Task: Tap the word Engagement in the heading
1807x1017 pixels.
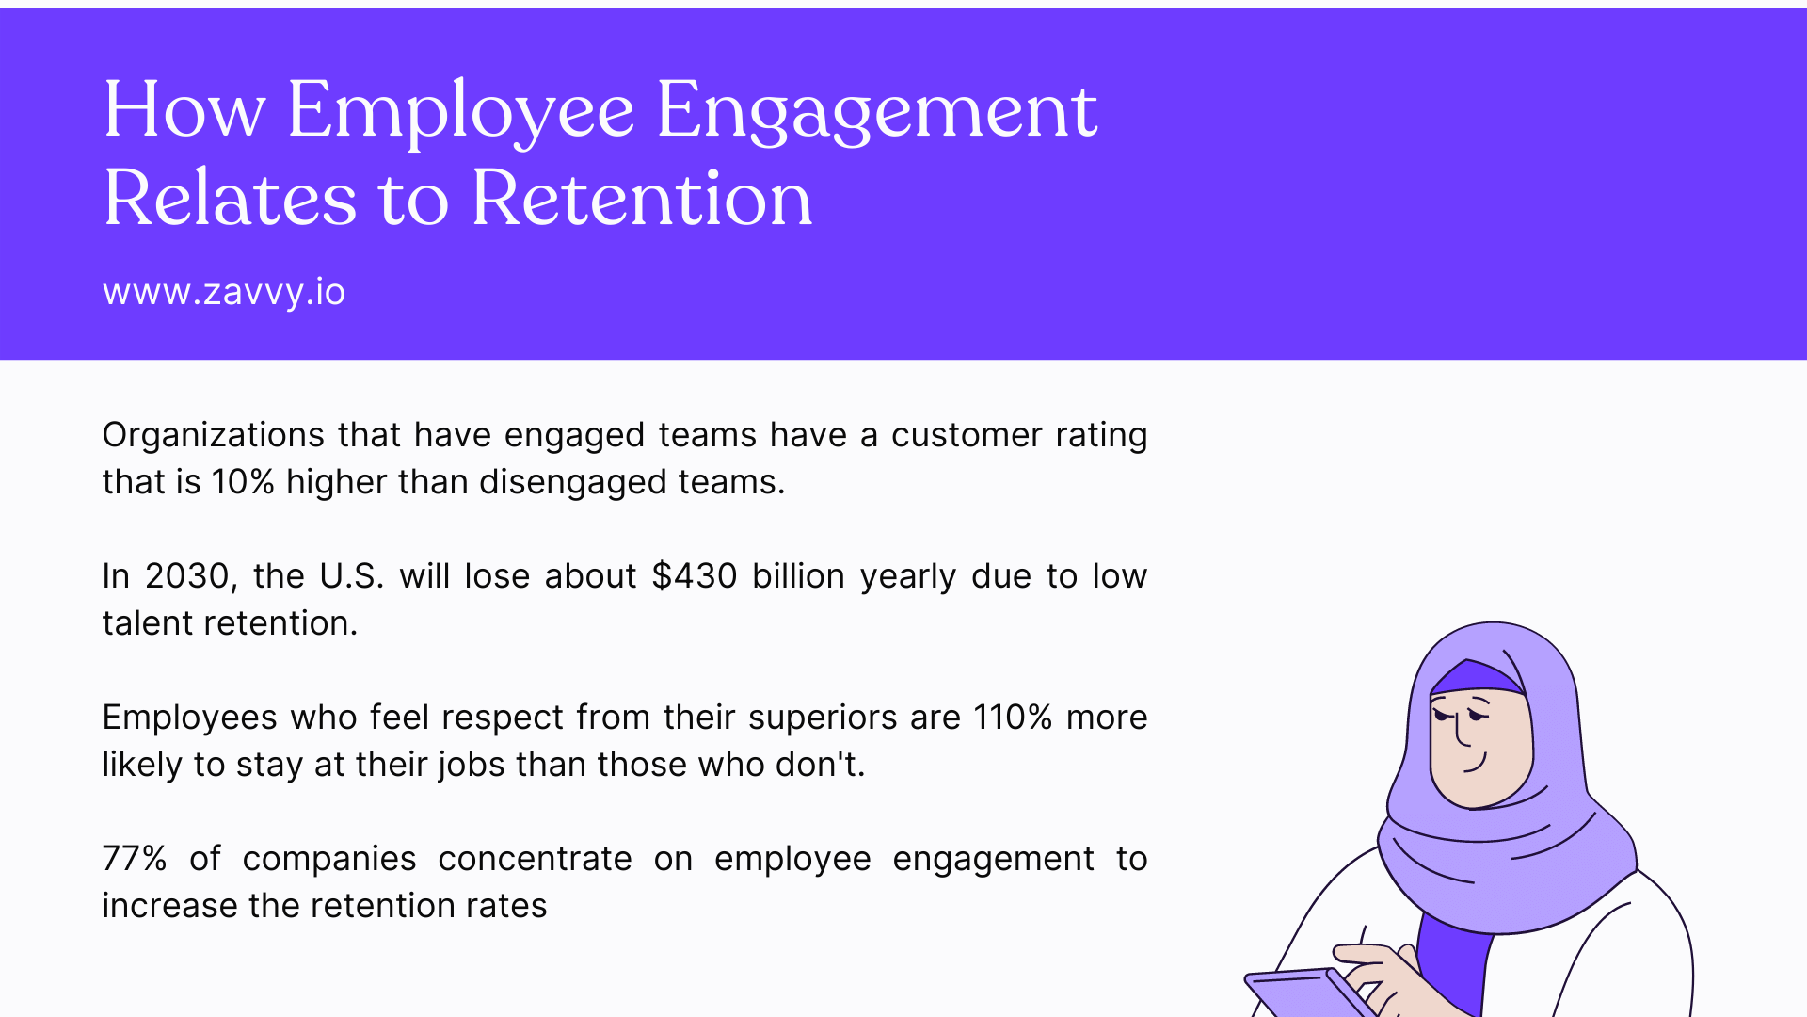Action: point(876,111)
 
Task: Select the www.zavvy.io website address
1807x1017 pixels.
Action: point(224,292)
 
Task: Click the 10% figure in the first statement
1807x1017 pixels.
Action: point(243,482)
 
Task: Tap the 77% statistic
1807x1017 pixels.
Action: point(135,859)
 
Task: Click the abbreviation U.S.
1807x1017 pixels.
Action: point(351,576)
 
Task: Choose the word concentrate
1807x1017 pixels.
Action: point(535,859)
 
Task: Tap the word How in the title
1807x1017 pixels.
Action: point(184,111)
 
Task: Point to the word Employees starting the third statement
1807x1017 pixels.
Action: point(189,718)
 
